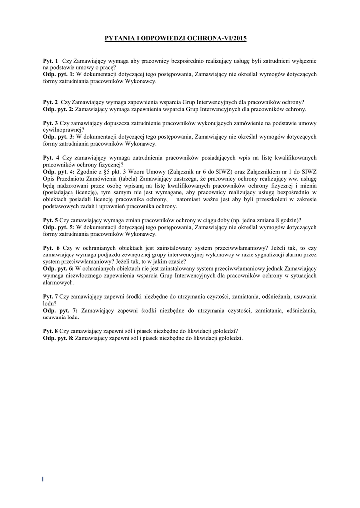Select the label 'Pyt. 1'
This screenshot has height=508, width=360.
click(x=50, y=61)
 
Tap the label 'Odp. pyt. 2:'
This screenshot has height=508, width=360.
click(x=59, y=109)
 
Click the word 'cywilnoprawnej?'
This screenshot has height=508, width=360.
click(x=64, y=130)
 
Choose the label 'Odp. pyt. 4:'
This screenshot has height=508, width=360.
click(x=59, y=172)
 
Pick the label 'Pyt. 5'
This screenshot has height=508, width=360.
click(x=50, y=220)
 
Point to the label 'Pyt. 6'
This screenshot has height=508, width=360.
click(x=51, y=248)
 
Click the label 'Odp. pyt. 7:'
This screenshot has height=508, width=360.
click(x=60, y=311)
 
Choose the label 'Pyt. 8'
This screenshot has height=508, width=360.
click(x=50, y=331)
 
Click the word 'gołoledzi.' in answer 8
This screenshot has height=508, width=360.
click(x=228, y=338)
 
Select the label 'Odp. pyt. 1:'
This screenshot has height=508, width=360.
click(x=59, y=74)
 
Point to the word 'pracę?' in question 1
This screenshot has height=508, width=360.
click(x=108, y=67)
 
